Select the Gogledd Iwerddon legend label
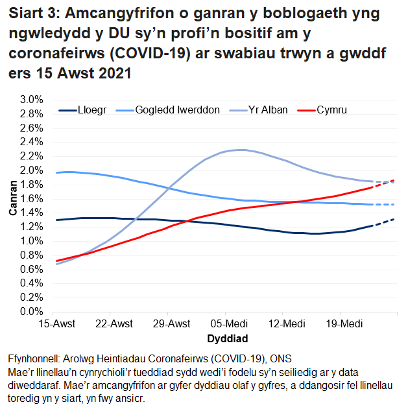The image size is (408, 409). click(x=177, y=110)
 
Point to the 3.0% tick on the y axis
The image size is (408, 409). click(x=31, y=100)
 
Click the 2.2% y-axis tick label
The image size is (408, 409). click(x=31, y=156)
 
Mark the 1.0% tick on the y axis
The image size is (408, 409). click(x=31, y=241)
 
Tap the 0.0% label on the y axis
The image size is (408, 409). click(x=31, y=312)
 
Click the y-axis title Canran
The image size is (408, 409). click(x=13, y=205)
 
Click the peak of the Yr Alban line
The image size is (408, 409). click(x=241, y=150)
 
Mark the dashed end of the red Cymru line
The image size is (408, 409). click(x=386, y=183)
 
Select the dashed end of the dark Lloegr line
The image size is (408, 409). click(x=386, y=222)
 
